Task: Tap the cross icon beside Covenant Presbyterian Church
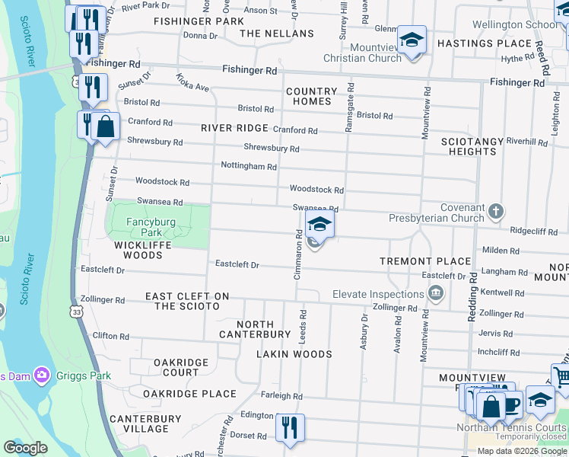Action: point(495,211)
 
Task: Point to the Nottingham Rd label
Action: point(248,165)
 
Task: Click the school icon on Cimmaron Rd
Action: point(320,224)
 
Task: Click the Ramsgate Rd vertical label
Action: point(349,107)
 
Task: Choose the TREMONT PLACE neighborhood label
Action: point(425,261)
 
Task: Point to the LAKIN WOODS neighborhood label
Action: point(294,354)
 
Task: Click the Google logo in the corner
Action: point(25,447)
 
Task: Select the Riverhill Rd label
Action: point(526,142)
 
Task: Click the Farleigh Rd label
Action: point(281,396)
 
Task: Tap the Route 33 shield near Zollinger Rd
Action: point(75,311)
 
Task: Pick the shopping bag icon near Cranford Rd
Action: point(106,127)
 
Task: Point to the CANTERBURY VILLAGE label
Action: point(145,423)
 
